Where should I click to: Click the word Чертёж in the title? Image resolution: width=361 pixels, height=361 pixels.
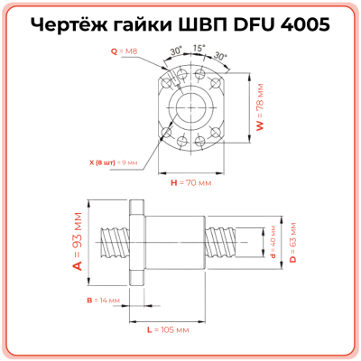pyautogui.click(x=78, y=24)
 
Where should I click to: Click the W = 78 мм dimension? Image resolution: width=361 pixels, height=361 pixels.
pyautogui.click(x=260, y=113)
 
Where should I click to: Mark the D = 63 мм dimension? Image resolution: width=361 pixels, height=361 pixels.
pyautogui.click(x=292, y=242)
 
